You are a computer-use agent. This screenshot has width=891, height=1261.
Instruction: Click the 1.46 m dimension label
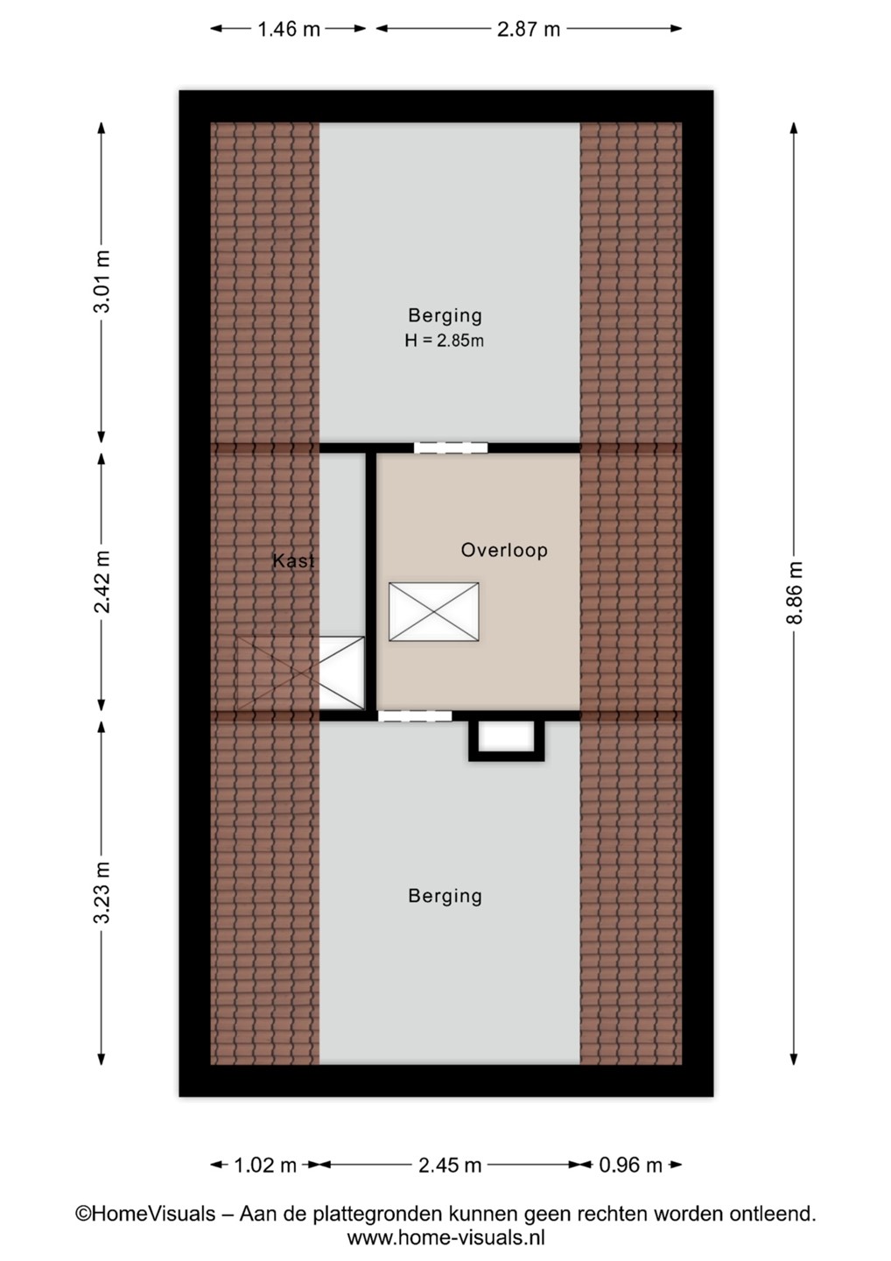(x=289, y=29)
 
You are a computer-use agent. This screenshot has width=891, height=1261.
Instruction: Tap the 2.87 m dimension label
(x=529, y=29)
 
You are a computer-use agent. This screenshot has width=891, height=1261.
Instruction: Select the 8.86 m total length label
(x=794, y=593)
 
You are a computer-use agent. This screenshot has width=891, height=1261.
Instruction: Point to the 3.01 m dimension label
(x=102, y=281)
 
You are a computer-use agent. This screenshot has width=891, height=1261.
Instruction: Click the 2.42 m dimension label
(x=102, y=581)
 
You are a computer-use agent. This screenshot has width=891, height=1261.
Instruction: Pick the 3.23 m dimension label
(x=102, y=893)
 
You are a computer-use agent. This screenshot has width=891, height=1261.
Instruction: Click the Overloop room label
(x=504, y=550)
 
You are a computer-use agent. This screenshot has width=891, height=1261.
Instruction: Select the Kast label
(x=293, y=560)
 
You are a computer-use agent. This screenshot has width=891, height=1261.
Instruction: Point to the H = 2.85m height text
(x=445, y=341)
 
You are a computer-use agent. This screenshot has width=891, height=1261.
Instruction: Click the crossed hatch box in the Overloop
(x=434, y=612)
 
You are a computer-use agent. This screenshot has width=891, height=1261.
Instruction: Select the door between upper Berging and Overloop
(x=451, y=448)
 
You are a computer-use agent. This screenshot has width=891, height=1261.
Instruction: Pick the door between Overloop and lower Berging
(x=415, y=716)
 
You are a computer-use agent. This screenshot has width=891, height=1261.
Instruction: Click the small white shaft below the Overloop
(x=506, y=738)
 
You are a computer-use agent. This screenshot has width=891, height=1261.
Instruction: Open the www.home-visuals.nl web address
(x=446, y=1238)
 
